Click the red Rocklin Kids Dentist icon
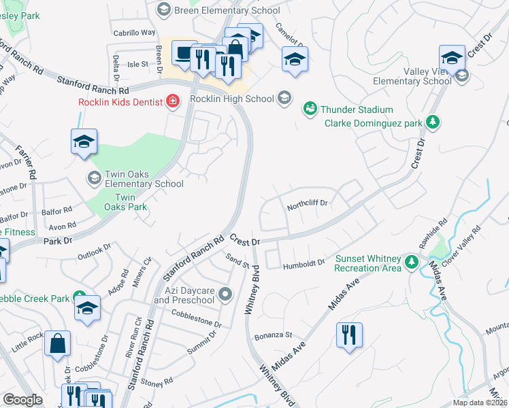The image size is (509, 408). coord(173,102)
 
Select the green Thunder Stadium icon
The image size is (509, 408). coord(310,109)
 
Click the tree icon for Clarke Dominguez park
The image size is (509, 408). coord(431,123)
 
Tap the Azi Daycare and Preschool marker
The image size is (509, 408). coord(226,294)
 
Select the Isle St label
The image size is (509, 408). coord(138,64)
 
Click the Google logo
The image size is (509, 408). coord(22,400)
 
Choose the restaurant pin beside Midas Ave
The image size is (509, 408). coord(349,335)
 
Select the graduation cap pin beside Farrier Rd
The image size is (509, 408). coord(84,141)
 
